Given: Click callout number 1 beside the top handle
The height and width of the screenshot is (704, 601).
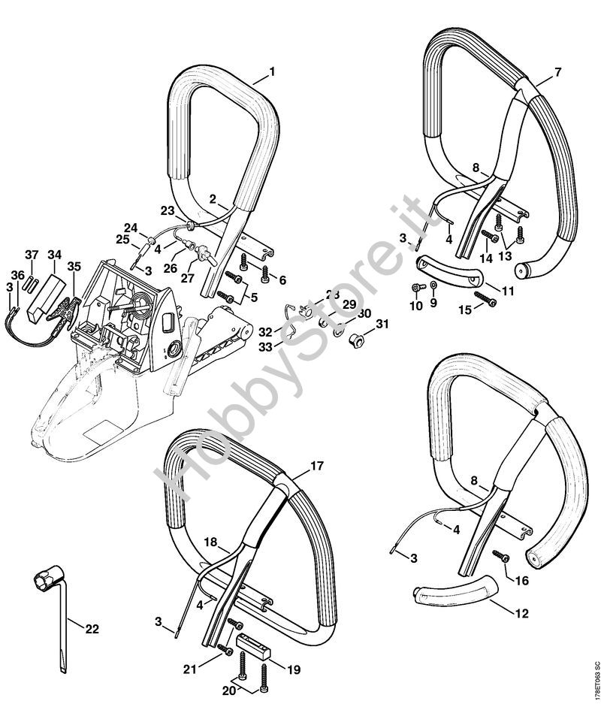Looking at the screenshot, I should click(271, 72).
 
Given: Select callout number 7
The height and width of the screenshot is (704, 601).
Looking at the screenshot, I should click(558, 72).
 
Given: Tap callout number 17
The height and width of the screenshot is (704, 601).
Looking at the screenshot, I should click(318, 467).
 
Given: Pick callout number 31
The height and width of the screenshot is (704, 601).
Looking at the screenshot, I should click(383, 324).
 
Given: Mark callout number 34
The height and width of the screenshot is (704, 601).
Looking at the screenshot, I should click(55, 255).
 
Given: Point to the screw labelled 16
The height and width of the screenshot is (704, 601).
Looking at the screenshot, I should click(499, 556).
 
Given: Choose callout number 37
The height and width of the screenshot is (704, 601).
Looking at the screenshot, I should click(32, 255).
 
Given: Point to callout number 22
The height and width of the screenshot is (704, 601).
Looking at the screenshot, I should click(92, 629).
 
